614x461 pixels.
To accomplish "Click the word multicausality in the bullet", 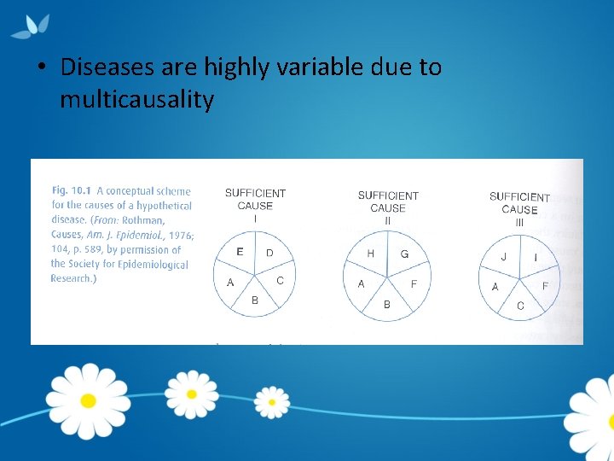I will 136,100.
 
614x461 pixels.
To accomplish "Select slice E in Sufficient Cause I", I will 240,252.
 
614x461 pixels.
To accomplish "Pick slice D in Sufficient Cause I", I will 269,254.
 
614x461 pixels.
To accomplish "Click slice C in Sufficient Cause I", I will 280,280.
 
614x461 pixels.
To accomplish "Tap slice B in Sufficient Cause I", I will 255,299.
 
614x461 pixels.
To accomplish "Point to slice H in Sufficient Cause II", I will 371,254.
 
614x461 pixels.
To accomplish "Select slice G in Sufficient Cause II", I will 404,254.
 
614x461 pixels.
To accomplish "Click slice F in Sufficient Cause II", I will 414,283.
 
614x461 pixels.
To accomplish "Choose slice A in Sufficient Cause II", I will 362,283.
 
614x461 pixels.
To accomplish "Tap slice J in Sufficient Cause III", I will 503,257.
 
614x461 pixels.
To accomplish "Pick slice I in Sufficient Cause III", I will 535,257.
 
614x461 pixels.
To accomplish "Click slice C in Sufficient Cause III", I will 519,305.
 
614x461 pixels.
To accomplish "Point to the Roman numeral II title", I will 387,220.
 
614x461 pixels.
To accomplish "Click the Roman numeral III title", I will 518,222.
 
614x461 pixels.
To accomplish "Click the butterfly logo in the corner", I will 31,26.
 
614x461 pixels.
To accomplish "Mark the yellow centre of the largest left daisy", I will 87,400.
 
